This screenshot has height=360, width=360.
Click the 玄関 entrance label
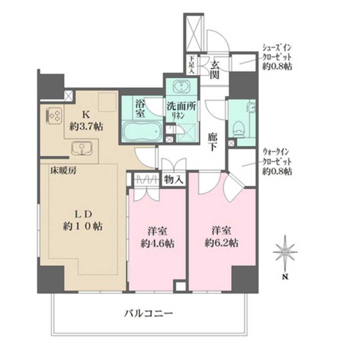click(x=215, y=67)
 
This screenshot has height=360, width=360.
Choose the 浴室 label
click(x=141, y=107)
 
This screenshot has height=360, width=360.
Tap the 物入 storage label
click(x=173, y=180)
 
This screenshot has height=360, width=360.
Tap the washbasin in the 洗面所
click(x=181, y=87)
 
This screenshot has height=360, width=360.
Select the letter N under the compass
click(x=286, y=277)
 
